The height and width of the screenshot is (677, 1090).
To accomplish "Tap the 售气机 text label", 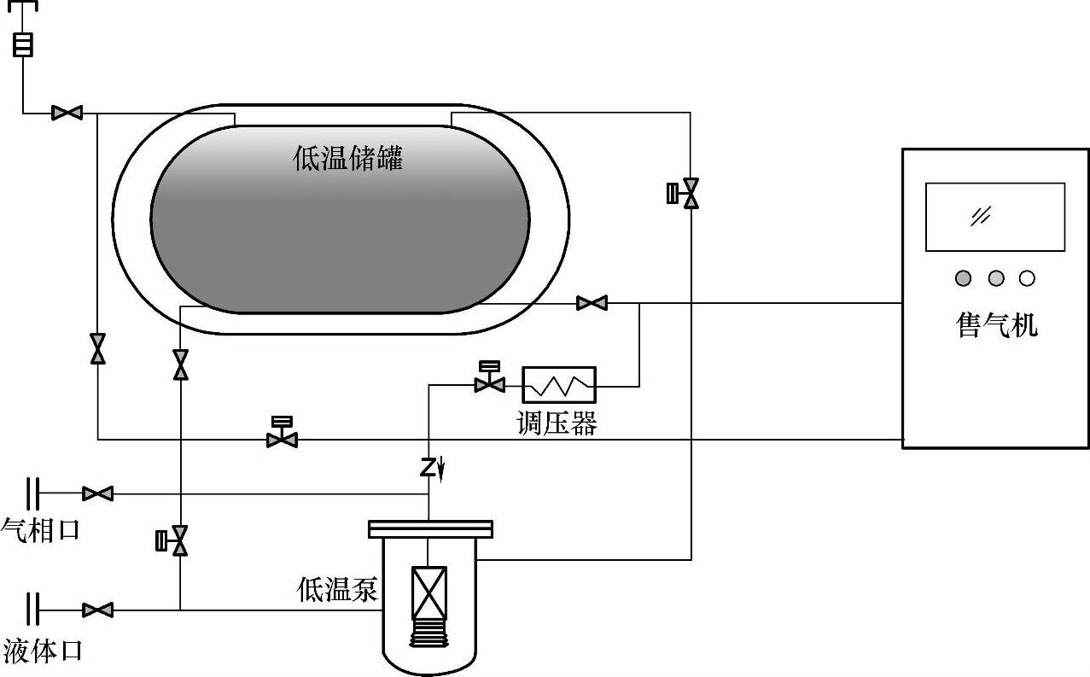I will [x=997, y=325].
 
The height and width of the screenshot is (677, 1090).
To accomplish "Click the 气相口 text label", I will [x=40, y=530].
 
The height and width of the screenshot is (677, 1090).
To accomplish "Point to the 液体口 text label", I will [x=42, y=651].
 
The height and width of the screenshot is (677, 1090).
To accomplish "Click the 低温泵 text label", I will [x=337, y=589].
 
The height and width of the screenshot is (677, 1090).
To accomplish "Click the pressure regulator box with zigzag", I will [x=559, y=386].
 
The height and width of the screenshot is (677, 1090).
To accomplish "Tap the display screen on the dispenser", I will [x=995, y=217].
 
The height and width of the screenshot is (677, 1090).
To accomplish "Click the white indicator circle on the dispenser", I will [x=1027, y=278].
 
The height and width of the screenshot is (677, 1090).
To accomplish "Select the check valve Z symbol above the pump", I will [x=429, y=467].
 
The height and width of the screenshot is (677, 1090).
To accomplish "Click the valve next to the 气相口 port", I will [x=98, y=493].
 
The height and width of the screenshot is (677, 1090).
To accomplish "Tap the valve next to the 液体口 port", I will [x=98, y=610].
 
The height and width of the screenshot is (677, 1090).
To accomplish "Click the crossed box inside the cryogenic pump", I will [x=428, y=593].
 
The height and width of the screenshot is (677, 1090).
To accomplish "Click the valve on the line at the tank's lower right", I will [x=592, y=302].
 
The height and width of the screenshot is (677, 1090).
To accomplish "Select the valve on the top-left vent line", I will [x=67, y=112].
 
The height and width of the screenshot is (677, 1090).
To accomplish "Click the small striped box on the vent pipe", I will [x=23, y=44].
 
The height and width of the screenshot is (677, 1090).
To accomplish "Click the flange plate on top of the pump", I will [x=429, y=529].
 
